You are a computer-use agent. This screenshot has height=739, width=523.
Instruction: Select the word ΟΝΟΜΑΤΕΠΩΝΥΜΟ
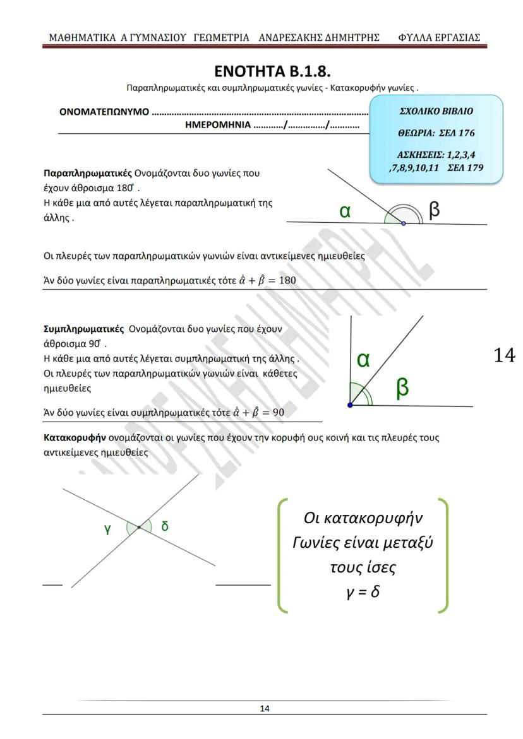coord(104,112)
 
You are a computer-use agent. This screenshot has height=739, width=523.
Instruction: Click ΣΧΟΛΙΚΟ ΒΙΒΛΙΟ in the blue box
coord(436,111)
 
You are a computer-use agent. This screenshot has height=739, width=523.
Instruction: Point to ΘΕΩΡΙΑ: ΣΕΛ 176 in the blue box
coord(436,133)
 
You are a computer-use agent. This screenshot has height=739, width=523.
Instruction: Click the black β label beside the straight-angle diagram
coord(434,210)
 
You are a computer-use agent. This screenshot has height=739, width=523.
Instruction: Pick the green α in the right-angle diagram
coord(363,360)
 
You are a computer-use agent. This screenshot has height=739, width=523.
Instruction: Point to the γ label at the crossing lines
coord(108,529)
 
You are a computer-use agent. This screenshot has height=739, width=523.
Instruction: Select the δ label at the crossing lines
coord(165,526)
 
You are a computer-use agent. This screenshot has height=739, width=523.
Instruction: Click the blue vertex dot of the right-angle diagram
coord(350,405)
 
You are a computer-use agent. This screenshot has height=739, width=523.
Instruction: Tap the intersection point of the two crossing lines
coord(139,527)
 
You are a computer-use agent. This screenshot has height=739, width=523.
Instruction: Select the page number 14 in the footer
coord(265,709)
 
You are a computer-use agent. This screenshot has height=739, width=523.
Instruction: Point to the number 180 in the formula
coord(287,280)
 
